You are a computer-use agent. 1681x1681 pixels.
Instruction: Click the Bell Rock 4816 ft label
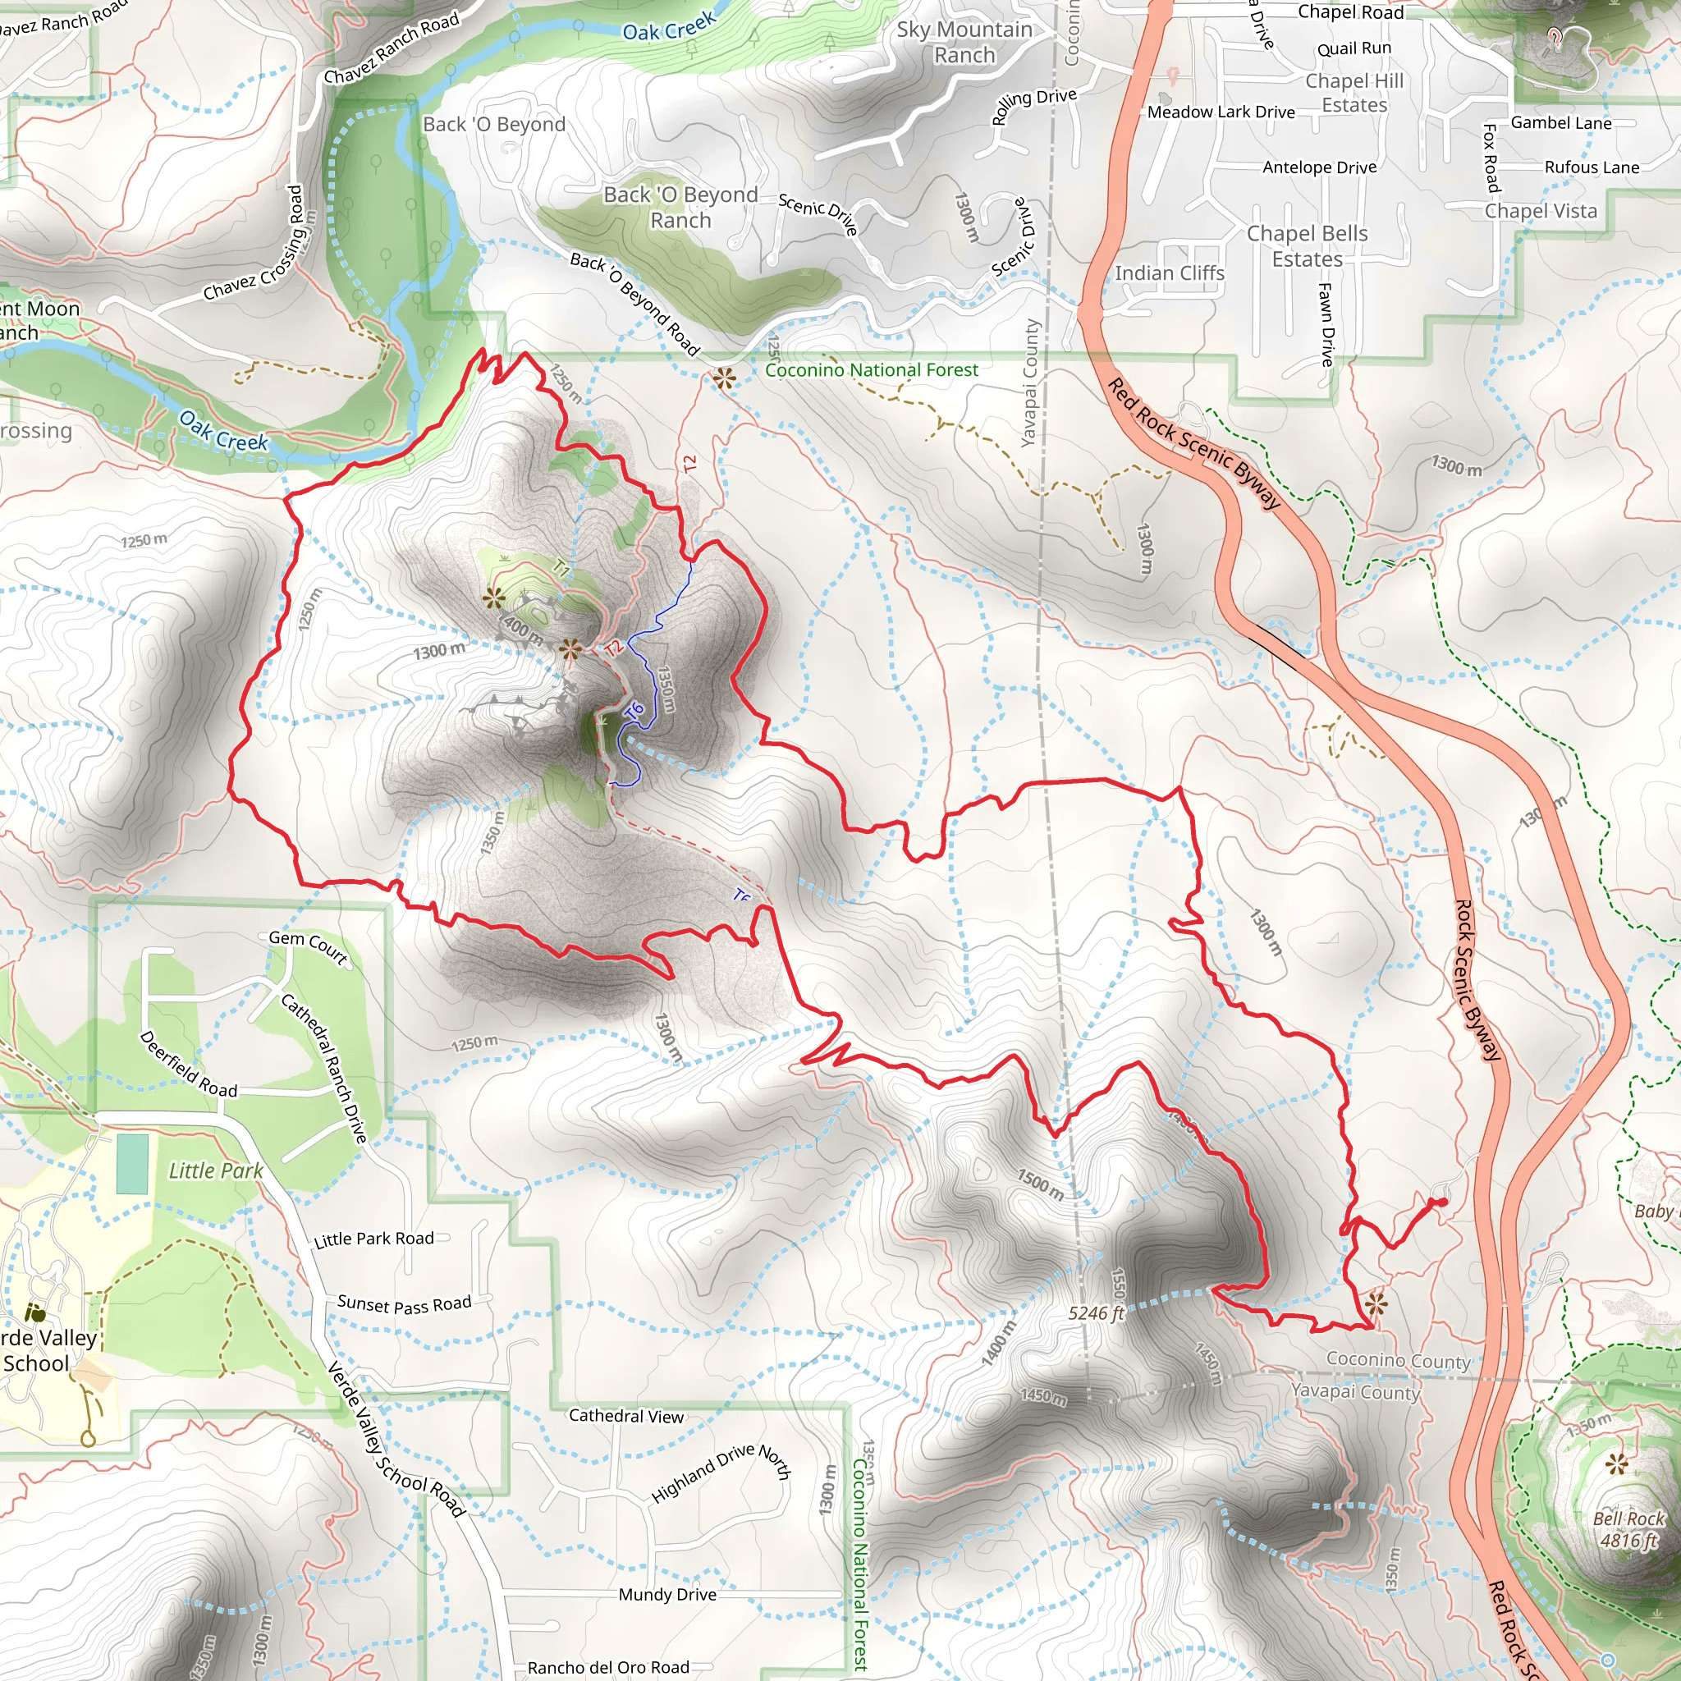[1628, 1528]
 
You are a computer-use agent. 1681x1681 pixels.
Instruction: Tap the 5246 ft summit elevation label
[1097, 1313]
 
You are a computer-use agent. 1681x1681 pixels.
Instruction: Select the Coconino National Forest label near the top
[871, 370]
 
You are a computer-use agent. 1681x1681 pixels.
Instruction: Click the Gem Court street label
[308, 946]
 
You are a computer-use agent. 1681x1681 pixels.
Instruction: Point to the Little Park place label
[215, 1170]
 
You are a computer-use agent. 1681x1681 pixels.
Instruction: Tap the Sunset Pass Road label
[404, 1304]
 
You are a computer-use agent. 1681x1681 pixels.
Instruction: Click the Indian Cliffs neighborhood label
[1169, 273]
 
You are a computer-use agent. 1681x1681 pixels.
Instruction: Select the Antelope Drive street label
[1319, 167]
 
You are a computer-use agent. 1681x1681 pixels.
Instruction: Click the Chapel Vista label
[1540, 211]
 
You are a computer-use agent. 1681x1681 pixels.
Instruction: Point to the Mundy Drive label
[667, 1594]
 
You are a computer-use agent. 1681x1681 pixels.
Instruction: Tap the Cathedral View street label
[625, 1416]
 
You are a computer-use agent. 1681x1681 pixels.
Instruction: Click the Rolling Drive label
[1033, 105]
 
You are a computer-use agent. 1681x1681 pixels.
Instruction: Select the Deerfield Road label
[188, 1063]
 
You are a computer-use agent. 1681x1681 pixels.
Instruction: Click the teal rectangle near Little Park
[132, 1163]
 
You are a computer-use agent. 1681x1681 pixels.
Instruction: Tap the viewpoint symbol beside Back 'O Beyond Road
[723, 378]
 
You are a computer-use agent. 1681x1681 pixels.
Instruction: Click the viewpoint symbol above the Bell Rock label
[1617, 1463]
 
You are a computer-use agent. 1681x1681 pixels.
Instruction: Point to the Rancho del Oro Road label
[607, 1667]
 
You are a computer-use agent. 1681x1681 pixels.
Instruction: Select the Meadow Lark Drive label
[1220, 112]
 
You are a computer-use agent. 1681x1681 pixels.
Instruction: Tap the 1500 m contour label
[1040, 1184]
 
